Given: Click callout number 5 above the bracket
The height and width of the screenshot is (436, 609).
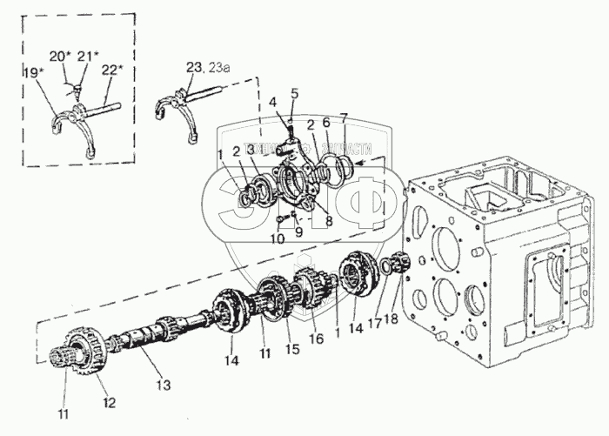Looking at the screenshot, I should (x=294, y=92).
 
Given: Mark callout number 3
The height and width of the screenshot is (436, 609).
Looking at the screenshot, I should (x=251, y=151).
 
